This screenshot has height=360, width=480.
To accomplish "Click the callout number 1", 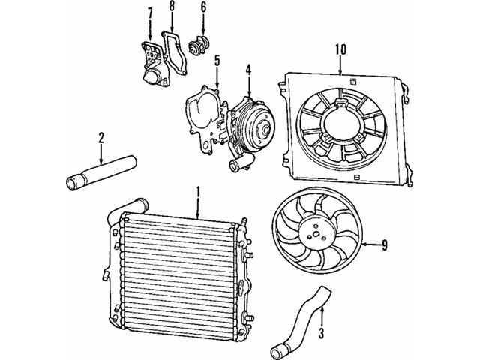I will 198,193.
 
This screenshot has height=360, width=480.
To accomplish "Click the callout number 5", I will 217,61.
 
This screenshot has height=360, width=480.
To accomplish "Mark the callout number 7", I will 150,13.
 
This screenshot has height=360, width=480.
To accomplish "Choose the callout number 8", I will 172,8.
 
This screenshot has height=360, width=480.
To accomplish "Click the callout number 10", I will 340,50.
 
